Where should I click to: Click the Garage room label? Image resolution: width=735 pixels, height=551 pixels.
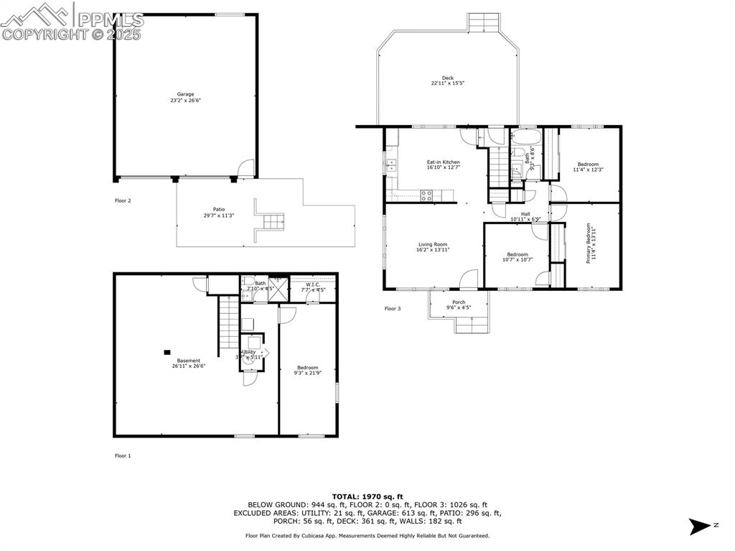pos(186,94)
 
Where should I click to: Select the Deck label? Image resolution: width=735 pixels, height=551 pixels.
pos(447,78)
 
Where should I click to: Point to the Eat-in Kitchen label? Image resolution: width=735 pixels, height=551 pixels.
pos(443,162)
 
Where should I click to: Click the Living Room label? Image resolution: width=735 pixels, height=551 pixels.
pos(433,244)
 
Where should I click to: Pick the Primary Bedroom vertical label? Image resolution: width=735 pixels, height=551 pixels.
pos(589,244)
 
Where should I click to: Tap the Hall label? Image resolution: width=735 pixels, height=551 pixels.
pos(525,213)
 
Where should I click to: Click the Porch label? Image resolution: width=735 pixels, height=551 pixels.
pos(458,302)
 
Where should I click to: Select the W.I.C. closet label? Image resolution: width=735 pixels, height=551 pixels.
pos(313,284)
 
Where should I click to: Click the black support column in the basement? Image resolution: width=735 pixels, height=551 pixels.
pos(167,352)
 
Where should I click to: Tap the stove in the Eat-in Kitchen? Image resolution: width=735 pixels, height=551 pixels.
pos(426,193)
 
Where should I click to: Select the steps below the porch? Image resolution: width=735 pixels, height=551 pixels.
pos(472,326)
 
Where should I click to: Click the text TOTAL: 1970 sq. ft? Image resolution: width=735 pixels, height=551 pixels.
pos(367,496)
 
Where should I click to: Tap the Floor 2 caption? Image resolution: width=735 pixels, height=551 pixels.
pos(123,201)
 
